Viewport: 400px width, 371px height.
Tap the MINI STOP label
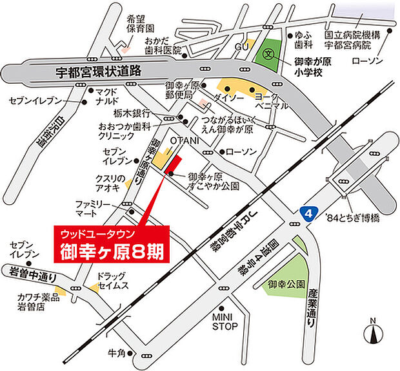coord(225,321)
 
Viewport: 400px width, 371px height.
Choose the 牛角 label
coord(117,353)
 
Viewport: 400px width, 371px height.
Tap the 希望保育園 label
coord(141,24)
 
